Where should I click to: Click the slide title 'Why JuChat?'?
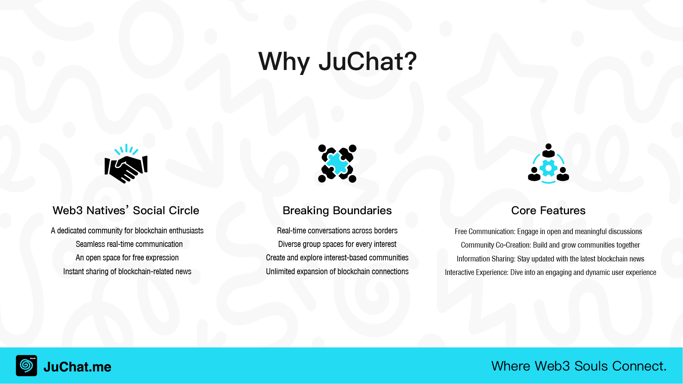coord(337,61)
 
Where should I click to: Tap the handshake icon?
coord(126,164)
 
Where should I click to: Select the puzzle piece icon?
coord(337,163)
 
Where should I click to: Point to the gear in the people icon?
coord(548,168)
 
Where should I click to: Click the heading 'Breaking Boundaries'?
coord(337,210)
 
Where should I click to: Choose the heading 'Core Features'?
coord(548,210)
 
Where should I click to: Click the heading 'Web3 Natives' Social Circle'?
coord(126,210)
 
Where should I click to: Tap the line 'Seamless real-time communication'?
coord(129,244)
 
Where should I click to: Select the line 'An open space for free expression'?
coord(127,258)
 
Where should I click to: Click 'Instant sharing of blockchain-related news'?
coord(127,271)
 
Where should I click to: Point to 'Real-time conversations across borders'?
coord(337,231)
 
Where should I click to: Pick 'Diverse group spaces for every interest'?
coord(337,244)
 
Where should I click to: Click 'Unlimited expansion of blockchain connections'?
coord(337,271)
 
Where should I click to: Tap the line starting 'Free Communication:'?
coord(548,232)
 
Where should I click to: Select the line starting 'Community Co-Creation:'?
coord(550,245)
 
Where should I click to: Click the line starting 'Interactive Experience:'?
coord(550,272)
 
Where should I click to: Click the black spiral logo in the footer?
coord(26,366)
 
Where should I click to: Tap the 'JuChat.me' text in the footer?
coord(77,367)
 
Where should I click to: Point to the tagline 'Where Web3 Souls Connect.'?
coord(579,366)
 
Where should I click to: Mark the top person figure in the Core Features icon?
coord(548,151)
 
